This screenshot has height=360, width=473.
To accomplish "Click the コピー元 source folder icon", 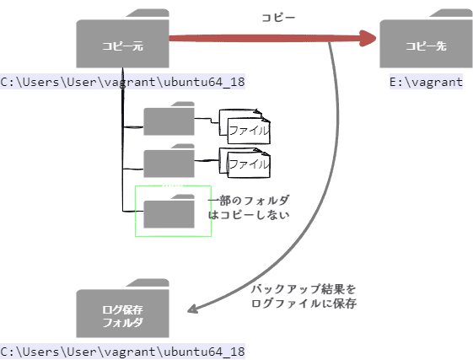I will click(x=122, y=44).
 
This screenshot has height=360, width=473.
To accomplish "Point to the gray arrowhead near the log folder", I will click(x=193, y=309).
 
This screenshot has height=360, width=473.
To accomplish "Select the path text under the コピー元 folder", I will click(x=122, y=82).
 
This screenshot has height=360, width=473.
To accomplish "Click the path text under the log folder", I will click(x=122, y=351).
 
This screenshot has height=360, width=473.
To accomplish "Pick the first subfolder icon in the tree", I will click(x=169, y=120).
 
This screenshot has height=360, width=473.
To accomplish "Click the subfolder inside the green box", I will click(x=169, y=212).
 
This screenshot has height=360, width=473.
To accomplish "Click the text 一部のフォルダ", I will click(x=250, y=200).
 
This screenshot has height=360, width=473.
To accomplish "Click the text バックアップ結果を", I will click(x=304, y=289).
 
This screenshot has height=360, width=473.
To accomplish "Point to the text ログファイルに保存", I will click(x=304, y=303).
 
